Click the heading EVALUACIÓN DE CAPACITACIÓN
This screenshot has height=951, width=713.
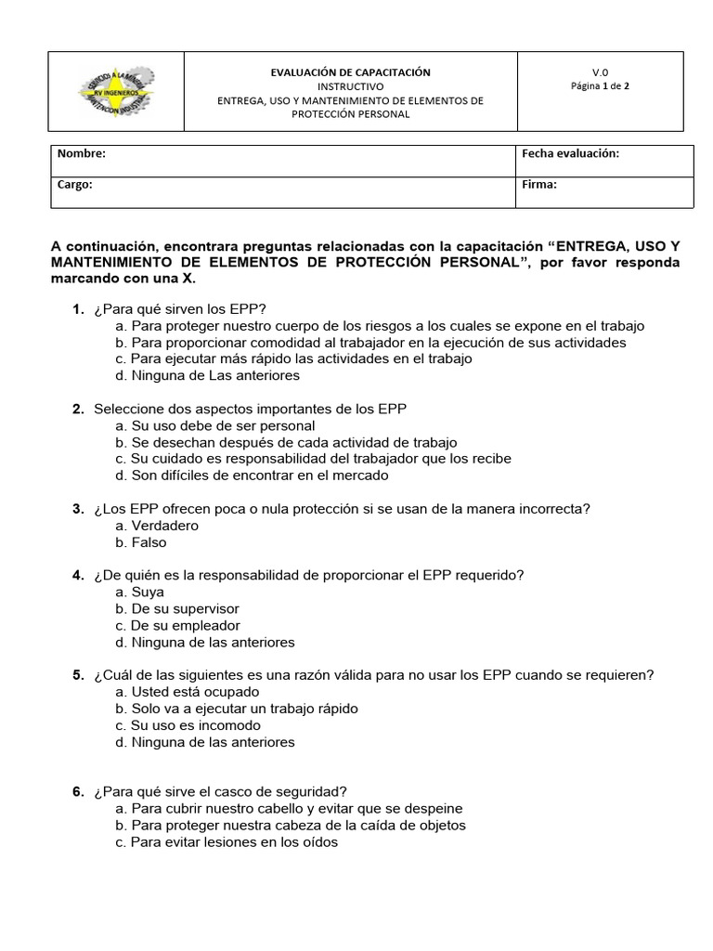(350, 72)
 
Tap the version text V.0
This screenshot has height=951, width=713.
(600, 72)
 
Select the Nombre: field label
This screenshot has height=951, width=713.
(82, 154)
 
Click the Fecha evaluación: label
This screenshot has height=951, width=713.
(570, 154)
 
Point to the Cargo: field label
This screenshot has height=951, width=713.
(75, 185)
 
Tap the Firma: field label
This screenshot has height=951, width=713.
(539, 185)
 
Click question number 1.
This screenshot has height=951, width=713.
(78, 309)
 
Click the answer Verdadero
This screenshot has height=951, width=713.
(157, 526)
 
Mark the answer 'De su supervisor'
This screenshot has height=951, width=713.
(177, 609)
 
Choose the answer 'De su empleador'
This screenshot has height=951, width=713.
(177, 626)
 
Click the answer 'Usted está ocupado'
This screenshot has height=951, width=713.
(188, 692)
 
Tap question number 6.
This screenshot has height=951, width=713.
(78, 792)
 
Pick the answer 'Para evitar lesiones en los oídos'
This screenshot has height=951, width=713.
(227, 842)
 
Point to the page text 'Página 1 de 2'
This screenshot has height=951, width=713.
(600, 86)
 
